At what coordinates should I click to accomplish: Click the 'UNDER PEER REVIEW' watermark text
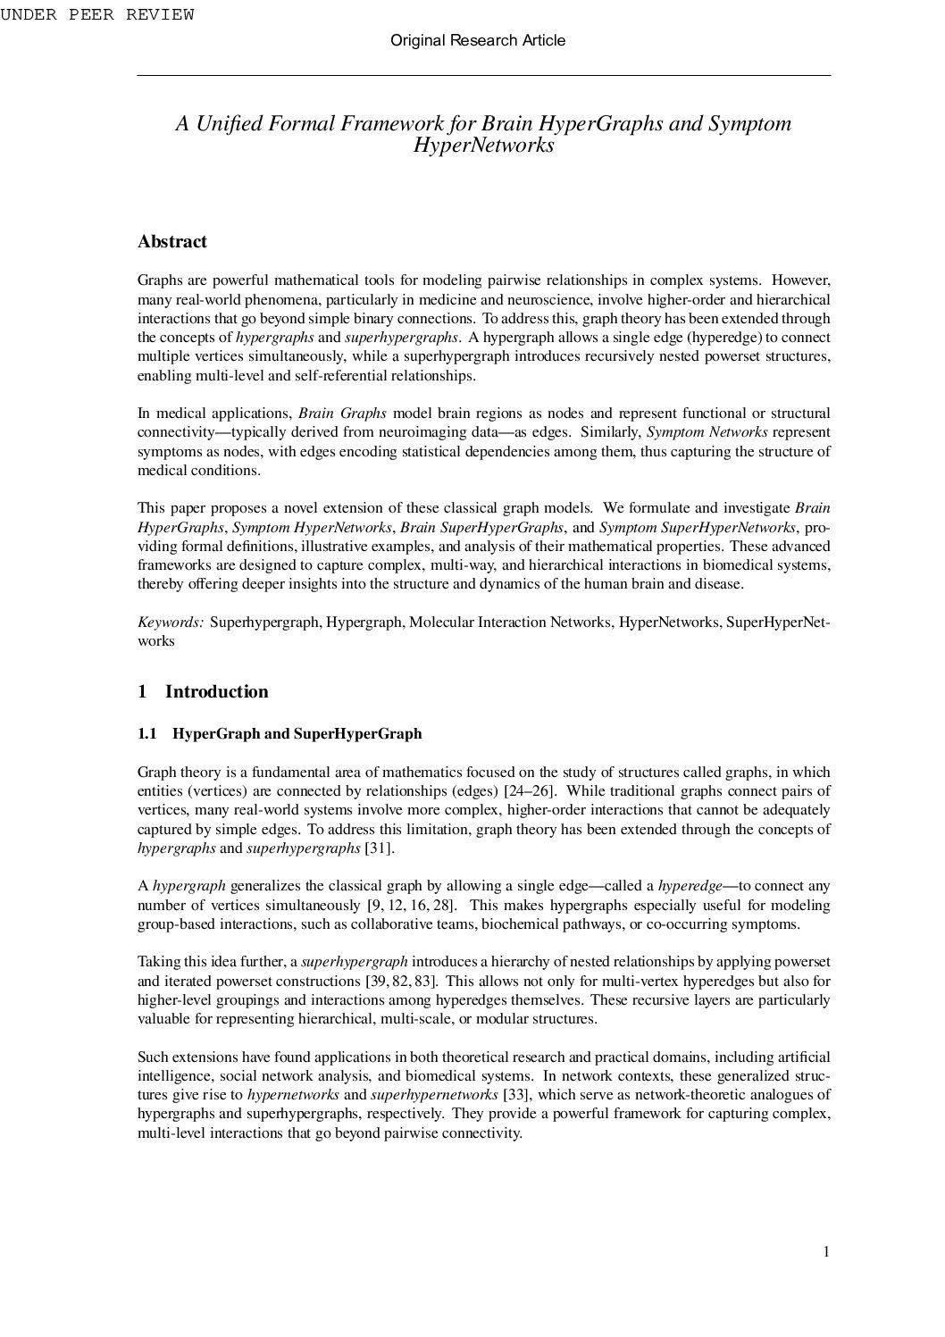[96, 14]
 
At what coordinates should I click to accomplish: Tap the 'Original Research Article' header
[478, 40]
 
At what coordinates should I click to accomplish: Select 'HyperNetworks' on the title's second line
[483, 146]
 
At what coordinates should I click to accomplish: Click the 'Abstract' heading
[172, 241]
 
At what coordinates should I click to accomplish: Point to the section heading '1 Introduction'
[203, 691]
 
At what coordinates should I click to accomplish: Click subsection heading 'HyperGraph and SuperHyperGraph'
[297, 734]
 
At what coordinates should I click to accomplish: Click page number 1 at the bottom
[826, 1252]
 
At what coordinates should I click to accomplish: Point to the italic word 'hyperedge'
[690, 886]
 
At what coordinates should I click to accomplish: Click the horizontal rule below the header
[483, 76]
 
